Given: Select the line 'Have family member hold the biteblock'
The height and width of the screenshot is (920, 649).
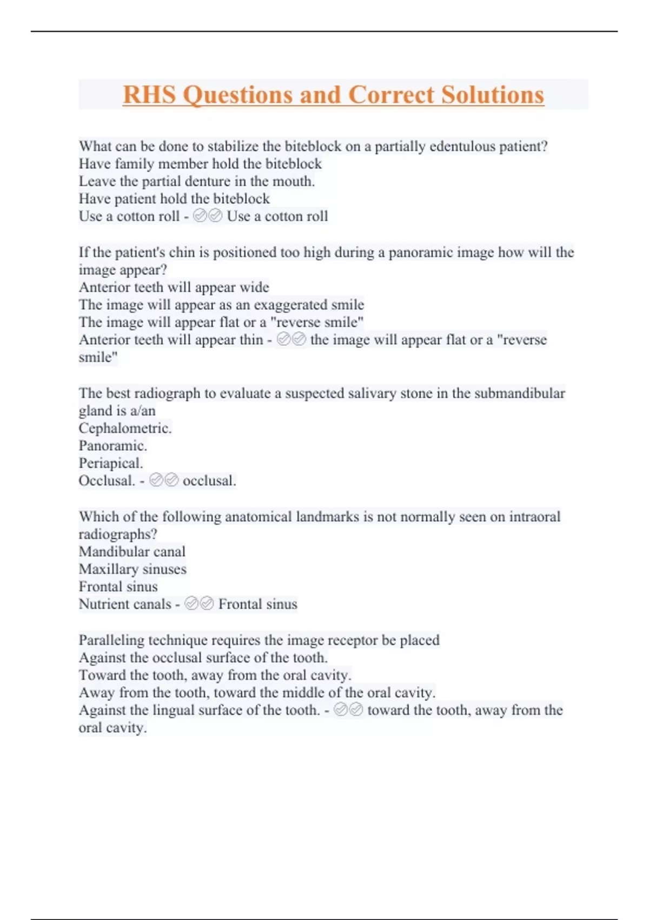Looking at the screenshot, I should point(200,163).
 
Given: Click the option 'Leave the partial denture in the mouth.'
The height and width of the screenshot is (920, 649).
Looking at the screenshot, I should point(197,181).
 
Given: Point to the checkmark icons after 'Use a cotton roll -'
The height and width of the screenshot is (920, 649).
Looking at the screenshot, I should point(208,216).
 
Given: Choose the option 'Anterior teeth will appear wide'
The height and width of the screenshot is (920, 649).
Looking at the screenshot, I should point(174,287).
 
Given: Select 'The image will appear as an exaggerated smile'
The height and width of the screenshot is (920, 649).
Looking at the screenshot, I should point(221,305).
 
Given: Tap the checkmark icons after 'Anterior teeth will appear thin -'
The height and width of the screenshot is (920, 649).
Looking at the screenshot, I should point(292,339).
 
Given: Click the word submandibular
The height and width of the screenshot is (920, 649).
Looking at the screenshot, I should point(519,393).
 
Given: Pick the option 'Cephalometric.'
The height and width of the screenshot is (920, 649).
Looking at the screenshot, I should point(125,428).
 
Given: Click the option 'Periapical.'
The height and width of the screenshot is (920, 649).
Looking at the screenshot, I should point(111,463).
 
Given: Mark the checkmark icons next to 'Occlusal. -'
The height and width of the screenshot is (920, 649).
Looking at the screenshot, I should point(164,481).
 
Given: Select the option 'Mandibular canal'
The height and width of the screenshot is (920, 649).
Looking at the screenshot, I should point(132,551).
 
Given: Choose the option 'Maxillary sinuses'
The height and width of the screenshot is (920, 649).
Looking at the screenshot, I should point(133,569).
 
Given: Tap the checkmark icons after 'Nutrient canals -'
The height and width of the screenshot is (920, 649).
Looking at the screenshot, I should point(199,604).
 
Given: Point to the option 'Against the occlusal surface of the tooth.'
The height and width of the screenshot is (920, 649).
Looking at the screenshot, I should point(203,658).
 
